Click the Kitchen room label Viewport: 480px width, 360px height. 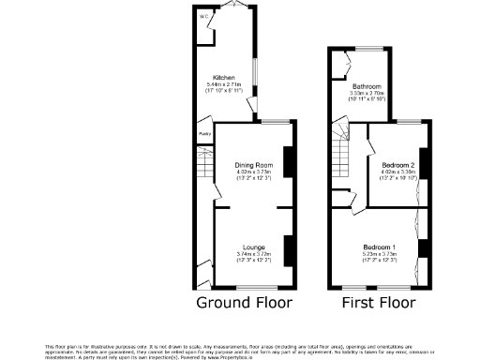point(223,78)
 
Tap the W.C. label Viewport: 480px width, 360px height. point(202,16)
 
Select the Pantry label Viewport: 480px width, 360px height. point(203,134)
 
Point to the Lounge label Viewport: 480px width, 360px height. point(252,247)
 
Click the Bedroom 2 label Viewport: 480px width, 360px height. point(395,165)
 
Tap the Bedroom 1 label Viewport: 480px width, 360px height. point(380,247)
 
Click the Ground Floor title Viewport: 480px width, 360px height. point(244,303)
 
